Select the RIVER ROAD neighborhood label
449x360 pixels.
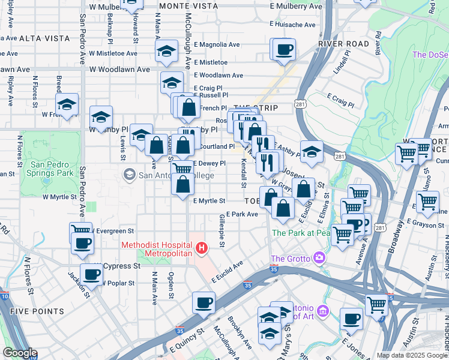coord(343,44)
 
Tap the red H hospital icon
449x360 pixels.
coord(202,248)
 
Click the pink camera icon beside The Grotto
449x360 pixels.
coord(319,259)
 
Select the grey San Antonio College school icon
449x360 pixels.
coord(128,175)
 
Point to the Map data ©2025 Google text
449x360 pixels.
coord(412,355)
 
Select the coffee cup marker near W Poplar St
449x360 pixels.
coord(91,275)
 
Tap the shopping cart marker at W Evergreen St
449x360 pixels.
coord(79,230)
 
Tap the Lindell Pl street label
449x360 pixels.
coord(344,63)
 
